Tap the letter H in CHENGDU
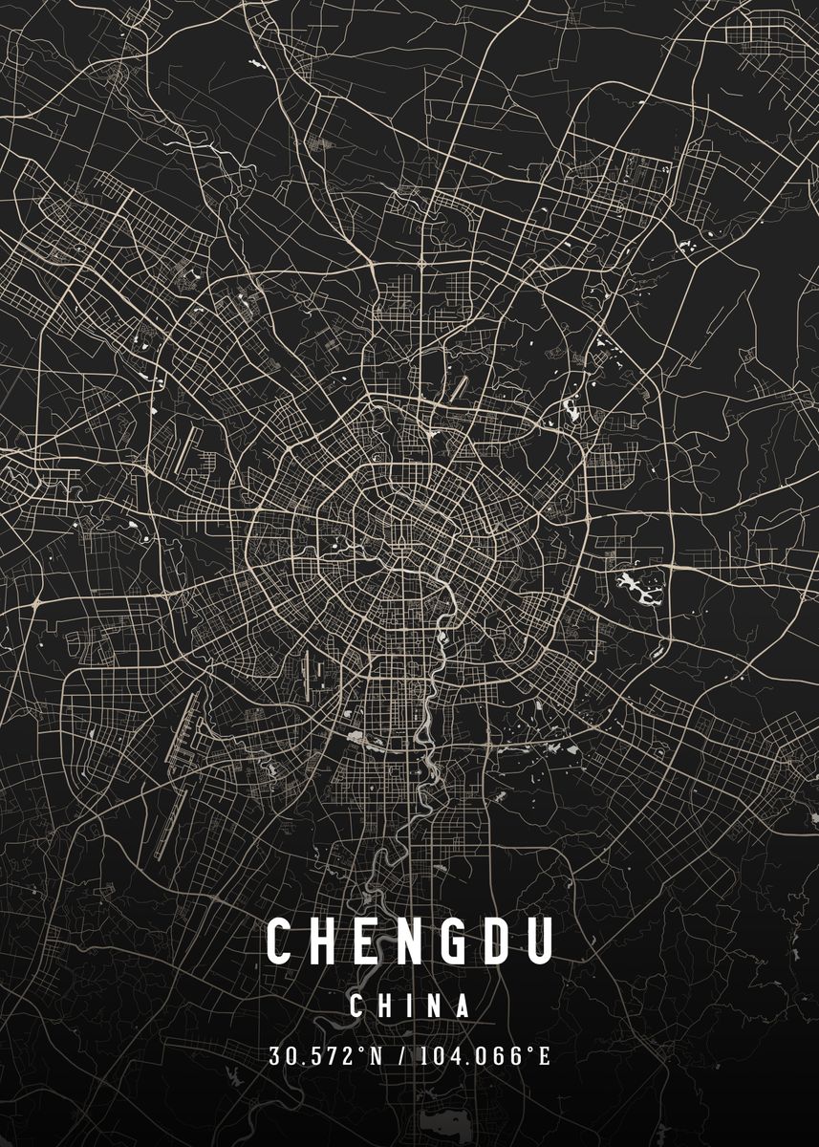coord(324,941)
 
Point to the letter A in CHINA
coord(463,1006)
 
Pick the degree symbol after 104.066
coord(531,1050)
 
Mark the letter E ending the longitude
coord(545,1056)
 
